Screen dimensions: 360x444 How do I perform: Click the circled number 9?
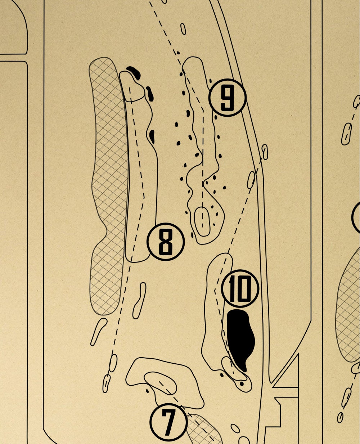(228, 98)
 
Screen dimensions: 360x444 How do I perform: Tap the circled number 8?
(166, 242)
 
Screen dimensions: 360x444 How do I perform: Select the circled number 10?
(240, 289)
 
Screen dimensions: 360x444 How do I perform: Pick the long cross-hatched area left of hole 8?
(109, 185)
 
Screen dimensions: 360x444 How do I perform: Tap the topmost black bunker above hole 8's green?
(134, 73)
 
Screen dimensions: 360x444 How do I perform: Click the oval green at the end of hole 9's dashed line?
(202, 221)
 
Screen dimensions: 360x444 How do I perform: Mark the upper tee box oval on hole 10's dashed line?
(265, 152)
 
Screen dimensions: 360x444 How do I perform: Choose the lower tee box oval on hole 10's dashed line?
(251, 180)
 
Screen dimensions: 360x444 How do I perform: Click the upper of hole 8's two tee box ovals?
(113, 363)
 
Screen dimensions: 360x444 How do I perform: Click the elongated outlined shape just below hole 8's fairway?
(139, 301)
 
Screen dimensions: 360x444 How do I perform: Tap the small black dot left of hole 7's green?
(147, 391)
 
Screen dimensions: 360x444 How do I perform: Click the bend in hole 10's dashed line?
(215, 290)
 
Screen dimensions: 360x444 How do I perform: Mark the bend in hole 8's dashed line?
(144, 197)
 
